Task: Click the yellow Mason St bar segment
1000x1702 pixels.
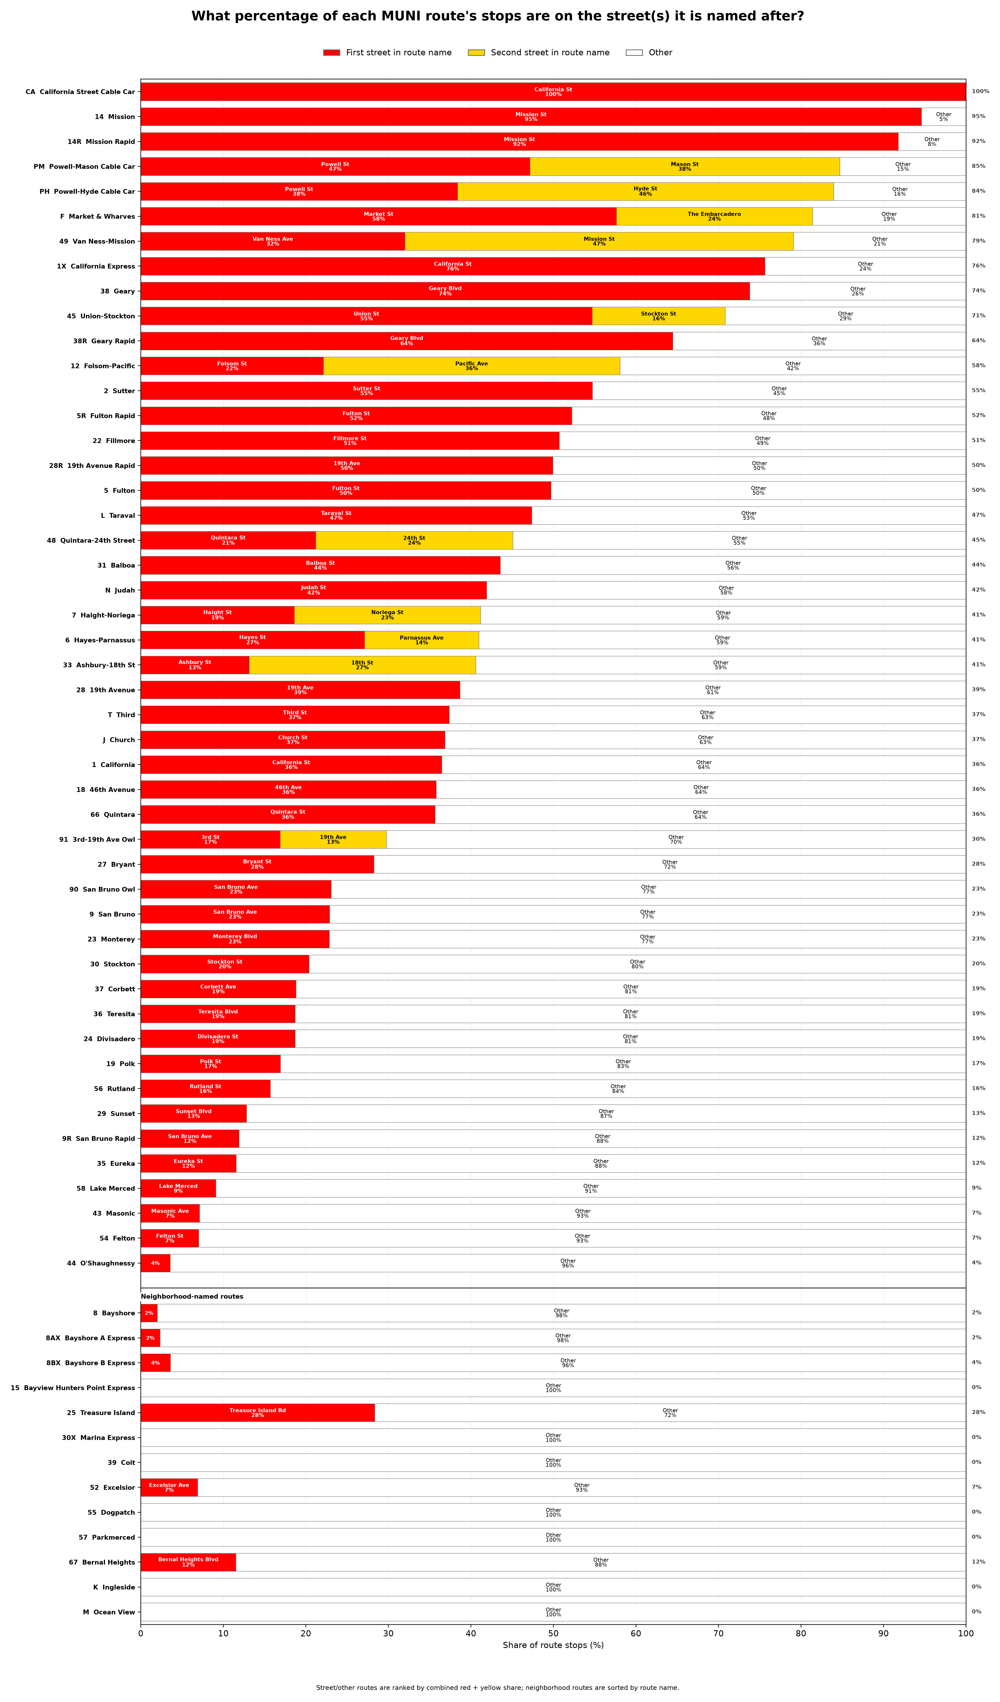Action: point(685,166)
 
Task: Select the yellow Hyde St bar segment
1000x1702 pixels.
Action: point(646,191)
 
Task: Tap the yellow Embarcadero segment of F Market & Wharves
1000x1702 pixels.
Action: point(714,216)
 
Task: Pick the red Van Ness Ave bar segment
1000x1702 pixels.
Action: point(273,241)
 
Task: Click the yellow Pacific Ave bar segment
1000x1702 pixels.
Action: point(471,366)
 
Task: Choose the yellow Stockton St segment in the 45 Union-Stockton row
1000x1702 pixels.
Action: point(658,316)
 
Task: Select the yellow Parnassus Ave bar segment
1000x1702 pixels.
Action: point(421,640)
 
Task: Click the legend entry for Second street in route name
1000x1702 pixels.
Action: point(539,53)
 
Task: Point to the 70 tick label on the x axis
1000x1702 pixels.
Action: point(718,1634)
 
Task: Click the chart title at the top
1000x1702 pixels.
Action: point(498,16)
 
